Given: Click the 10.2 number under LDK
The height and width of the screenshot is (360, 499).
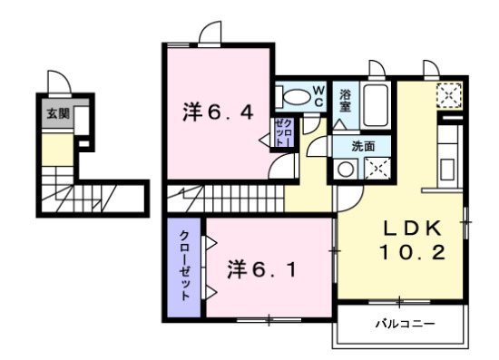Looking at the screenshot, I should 413,253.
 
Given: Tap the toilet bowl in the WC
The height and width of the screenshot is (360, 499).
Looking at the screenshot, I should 295,96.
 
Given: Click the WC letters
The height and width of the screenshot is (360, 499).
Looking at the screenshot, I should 319,95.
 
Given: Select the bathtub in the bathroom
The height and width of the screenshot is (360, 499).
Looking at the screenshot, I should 374,107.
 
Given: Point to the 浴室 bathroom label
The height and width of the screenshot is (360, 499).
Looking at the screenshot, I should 346,101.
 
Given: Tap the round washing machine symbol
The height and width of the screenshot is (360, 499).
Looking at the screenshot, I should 346,169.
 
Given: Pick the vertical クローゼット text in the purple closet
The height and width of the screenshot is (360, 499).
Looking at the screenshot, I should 184,267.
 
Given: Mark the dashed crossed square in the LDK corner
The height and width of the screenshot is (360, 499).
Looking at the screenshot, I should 448,94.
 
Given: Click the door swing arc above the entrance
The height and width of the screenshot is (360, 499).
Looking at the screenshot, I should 55,81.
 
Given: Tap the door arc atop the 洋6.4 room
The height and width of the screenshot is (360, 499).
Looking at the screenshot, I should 210,34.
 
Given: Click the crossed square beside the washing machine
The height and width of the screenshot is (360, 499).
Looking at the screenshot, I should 376,169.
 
